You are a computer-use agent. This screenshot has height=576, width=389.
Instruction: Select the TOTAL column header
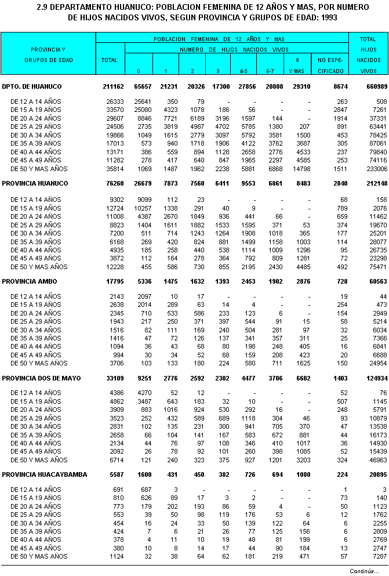pos(110,60)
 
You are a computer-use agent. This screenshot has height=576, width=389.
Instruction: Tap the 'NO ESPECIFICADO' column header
pos(330,64)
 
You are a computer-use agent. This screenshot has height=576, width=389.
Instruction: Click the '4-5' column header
pos(243,70)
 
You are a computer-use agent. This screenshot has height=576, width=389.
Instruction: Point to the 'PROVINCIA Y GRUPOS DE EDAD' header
pos(48,55)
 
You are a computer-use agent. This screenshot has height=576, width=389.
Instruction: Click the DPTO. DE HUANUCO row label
pos(32,86)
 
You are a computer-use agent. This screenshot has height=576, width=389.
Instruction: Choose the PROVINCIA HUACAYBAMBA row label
pos(45,474)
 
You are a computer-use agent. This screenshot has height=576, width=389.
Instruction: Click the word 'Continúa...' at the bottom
pos(364,571)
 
